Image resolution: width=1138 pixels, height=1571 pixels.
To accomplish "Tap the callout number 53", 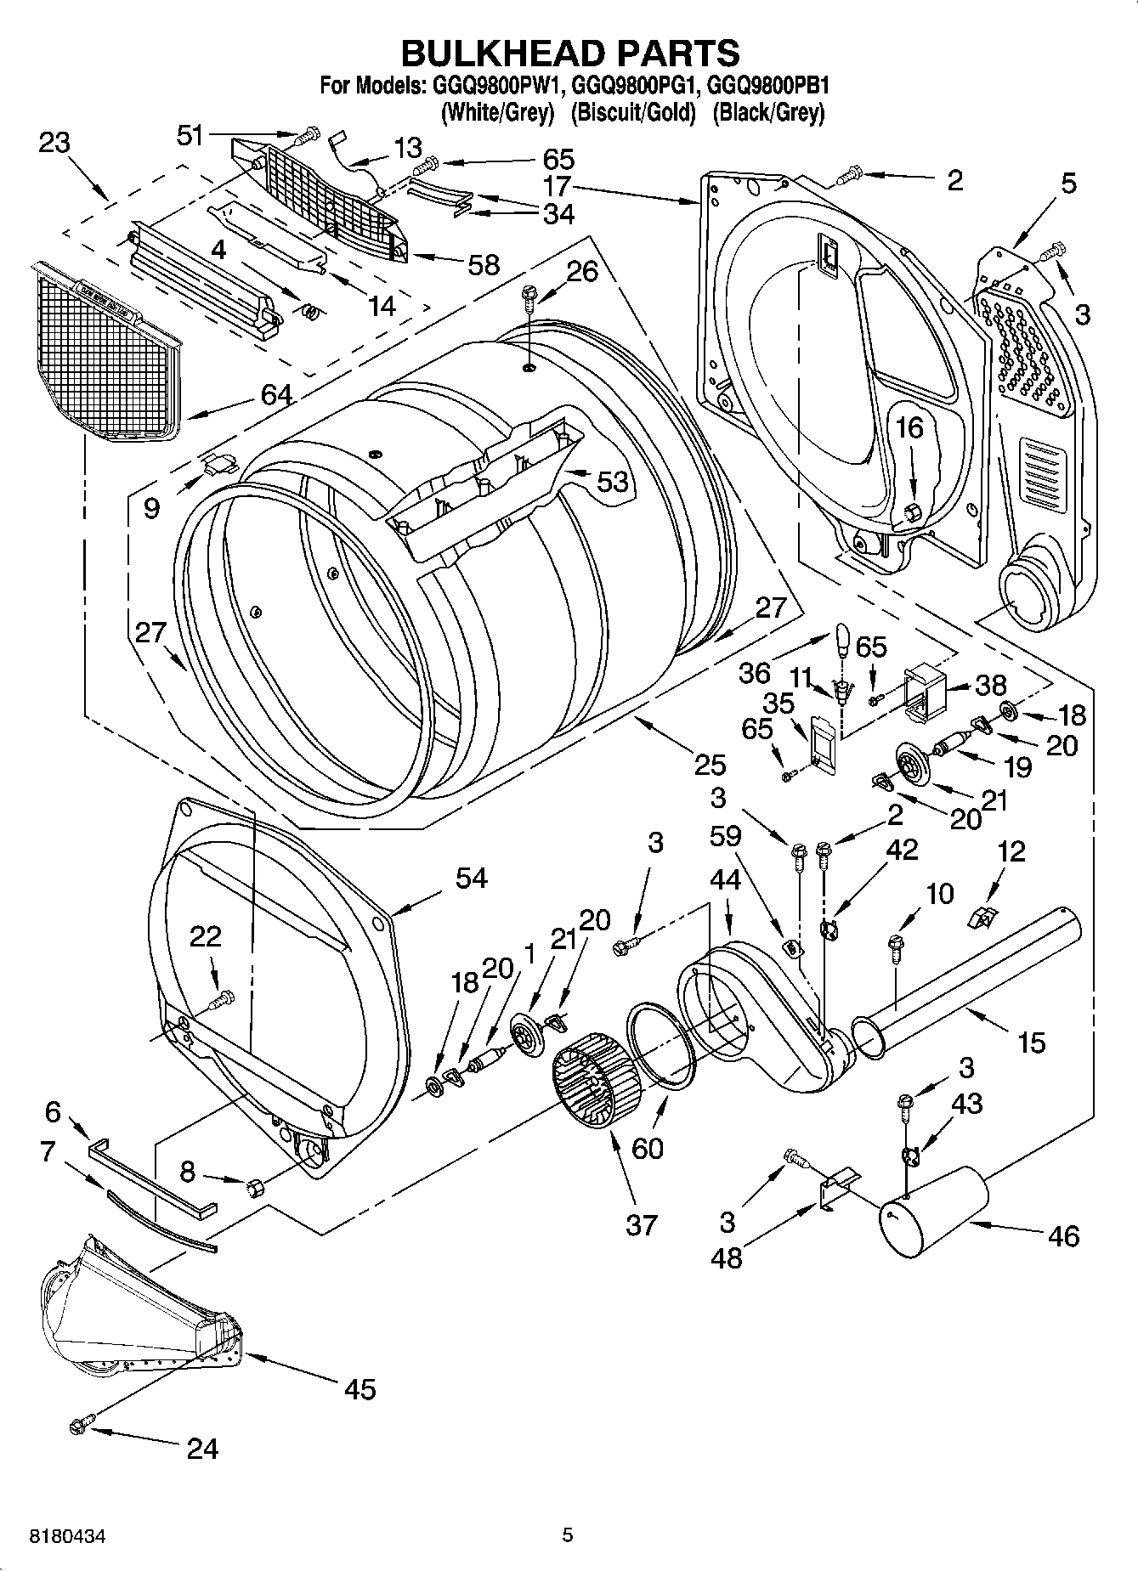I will coord(611,482).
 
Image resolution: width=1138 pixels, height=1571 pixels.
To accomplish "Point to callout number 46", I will coord(1063,1235).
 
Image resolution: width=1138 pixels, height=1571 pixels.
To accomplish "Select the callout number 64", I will coord(277,394).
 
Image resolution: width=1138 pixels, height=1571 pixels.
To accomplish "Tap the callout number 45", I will coord(360,1389).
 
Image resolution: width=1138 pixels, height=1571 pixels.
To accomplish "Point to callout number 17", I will coord(558,186).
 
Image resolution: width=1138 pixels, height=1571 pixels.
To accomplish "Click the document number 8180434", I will coord(68,1536).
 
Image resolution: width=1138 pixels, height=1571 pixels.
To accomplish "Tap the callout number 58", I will coord(484,265).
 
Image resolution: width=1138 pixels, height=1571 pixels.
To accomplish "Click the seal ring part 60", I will coord(661,1046).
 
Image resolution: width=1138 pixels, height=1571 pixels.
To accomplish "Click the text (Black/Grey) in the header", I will coord(768,112).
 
